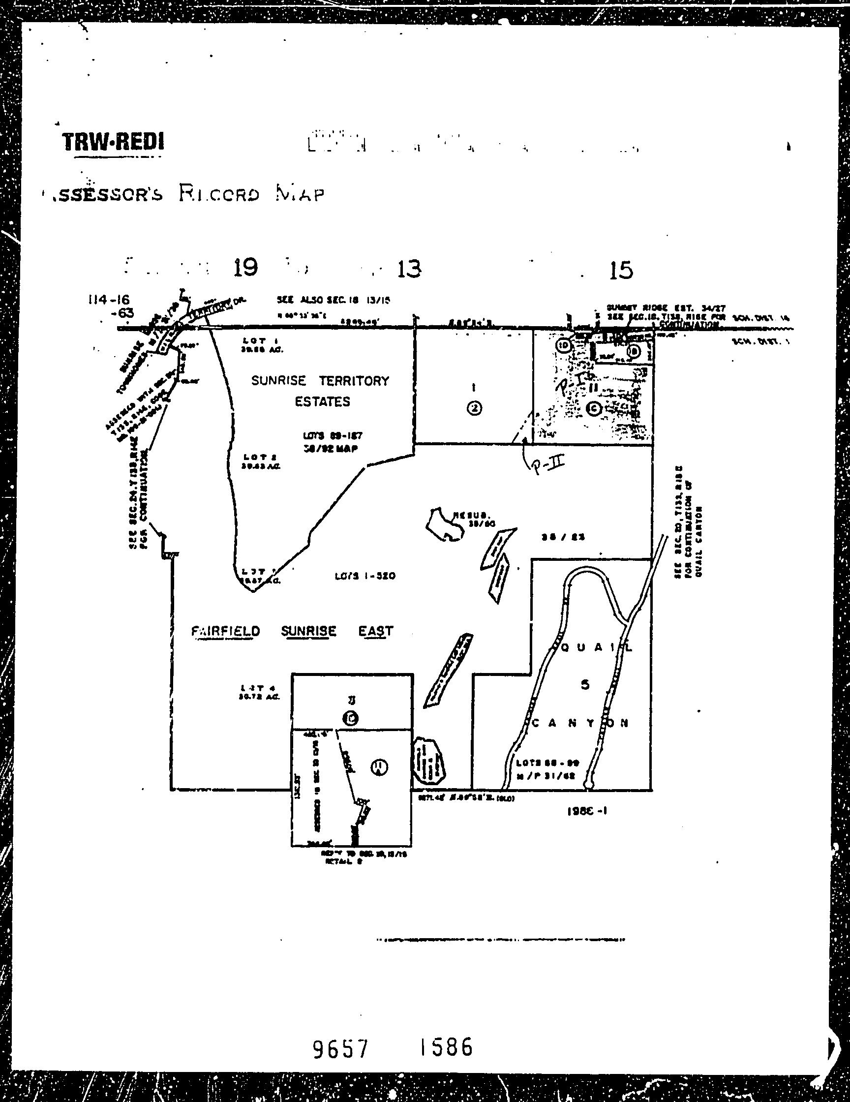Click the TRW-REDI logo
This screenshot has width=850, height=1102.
tap(113, 142)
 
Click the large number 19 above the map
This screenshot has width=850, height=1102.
tap(245, 267)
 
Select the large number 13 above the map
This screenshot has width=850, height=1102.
tap(409, 269)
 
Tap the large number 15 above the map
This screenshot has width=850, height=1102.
tap(621, 271)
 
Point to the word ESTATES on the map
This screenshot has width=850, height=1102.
tap(322, 402)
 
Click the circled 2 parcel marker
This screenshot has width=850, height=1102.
tap(474, 409)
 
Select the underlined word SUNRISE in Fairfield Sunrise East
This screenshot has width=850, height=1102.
tap(308, 631)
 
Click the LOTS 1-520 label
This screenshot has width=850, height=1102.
tap(364, 576)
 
